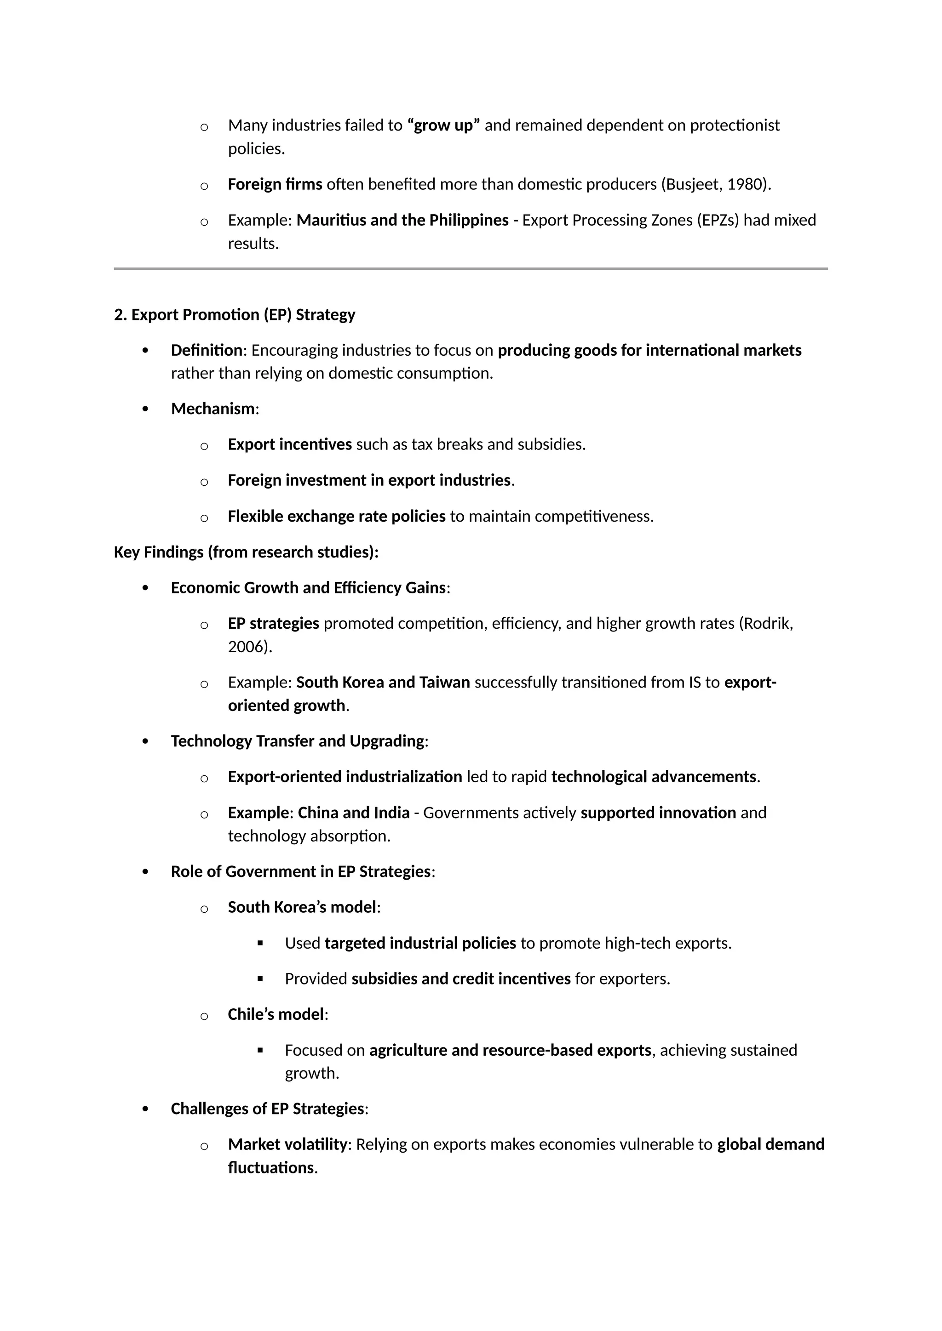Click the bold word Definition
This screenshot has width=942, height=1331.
pos(206,350)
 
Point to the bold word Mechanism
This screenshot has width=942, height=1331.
pos(213,409)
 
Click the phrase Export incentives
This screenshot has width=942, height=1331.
pos(289,444)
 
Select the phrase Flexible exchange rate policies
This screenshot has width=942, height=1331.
pos(336,517)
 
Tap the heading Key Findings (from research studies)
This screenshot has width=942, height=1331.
pos(246,552)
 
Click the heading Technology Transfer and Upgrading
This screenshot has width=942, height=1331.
pos(297,741)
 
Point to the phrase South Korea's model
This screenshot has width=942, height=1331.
pos(302,907)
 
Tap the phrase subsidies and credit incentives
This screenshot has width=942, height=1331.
pos(461,979)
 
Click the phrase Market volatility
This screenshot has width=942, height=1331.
pos(287,1144)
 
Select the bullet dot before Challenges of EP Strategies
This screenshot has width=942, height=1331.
pos(145,1109)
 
